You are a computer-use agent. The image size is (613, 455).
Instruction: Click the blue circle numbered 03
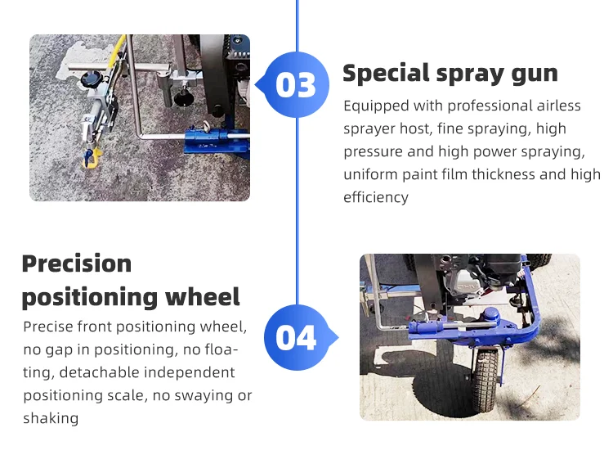pyautogui.click(x=296, y=84)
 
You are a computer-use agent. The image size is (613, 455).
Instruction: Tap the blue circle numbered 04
pyautogui.click(x=297, y=337)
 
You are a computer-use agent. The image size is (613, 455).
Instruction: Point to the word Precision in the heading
pyautogui.click(x=77, y=264)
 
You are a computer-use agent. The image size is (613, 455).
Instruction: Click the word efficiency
pyautogui.click(x=376, y=197)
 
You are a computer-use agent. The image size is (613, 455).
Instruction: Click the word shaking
pyautogui.click(x=51, y=418)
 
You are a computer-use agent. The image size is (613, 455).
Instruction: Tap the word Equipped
pyautogui.click(x=376, y=106)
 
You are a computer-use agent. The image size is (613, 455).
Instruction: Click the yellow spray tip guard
pyautogui.click(x=92, y=157)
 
